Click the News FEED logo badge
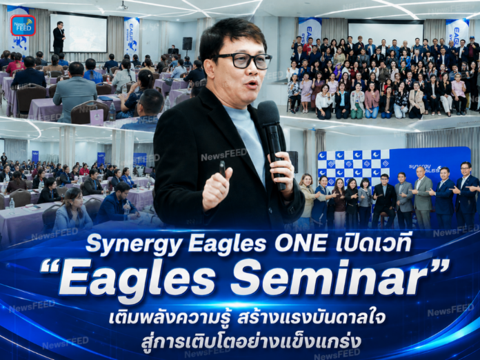click(x=23, y=25)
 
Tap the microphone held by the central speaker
click(x=271, y=141)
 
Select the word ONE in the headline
click(x=300, y=243)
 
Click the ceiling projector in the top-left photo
click(x=123, y=6)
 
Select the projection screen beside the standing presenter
click(x=79, y=33)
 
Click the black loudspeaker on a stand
click(x=187, y=43)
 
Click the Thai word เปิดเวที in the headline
click(x=373, y=243)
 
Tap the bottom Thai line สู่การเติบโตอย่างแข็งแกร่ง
click(x=251, y=341)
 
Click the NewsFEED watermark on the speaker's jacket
click(x=223, y=154)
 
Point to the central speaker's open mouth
click(x=252, y=83)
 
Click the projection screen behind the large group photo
click(x=386, y=32)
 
